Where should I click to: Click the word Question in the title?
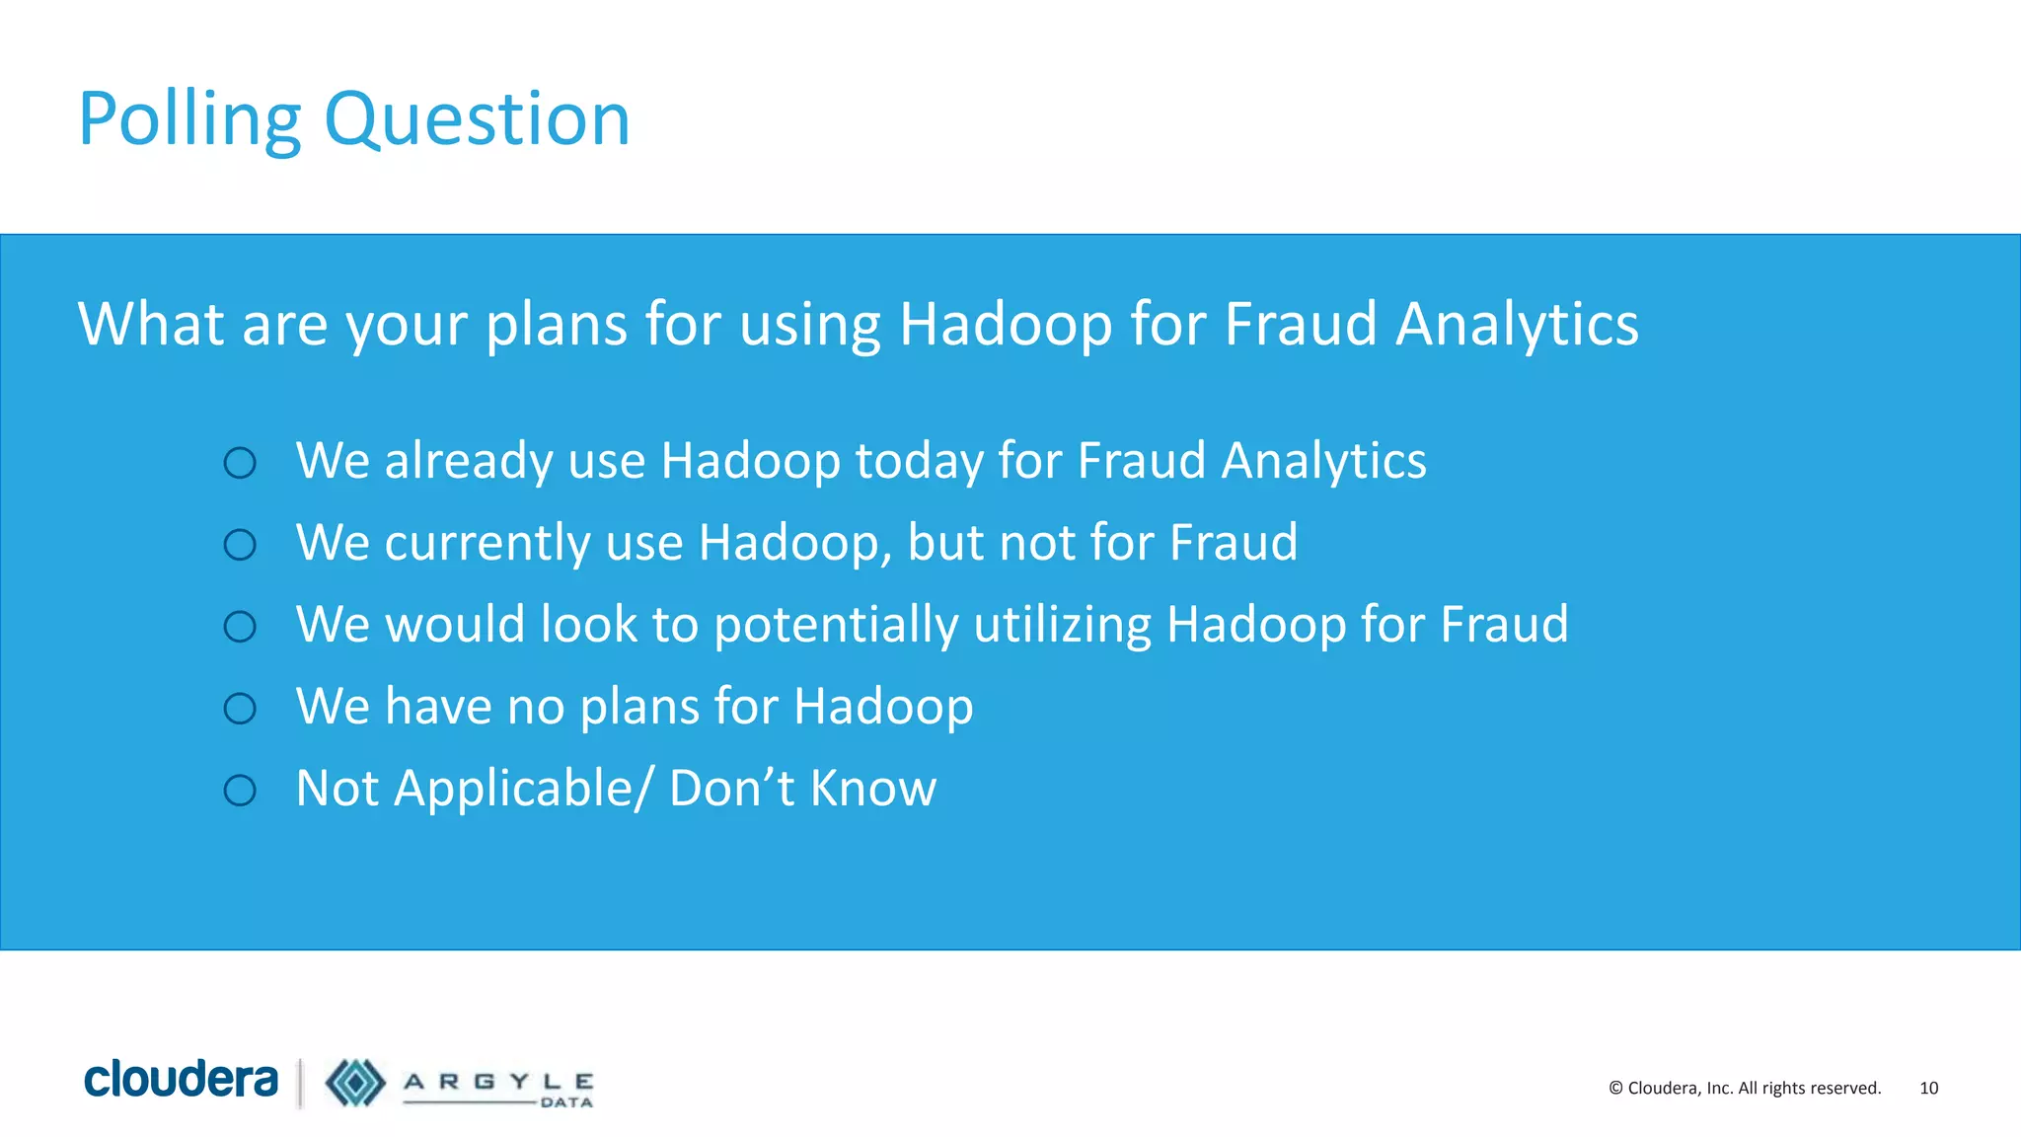pyautogui.click(x=477, y=119)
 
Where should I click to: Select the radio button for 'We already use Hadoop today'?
pyautogui.click(x=240, y=463)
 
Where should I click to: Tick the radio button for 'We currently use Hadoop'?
pyautogui.click(x=240, y=545)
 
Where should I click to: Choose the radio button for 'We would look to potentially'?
pyautogui.click(x=240, y=627)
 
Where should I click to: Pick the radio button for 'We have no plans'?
pyautogui.click(x=240, y=709)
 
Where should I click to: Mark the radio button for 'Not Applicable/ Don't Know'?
pyautogui.click(x=240, y=791)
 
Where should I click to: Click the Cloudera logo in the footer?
pyautogui.click(x=181, y=1079)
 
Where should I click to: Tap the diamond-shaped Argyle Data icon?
pyautogui.click(x=355, y=1083)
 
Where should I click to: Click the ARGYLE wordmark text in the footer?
pyautogui.click(x=498, y=1082)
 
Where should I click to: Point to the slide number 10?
pyautogui.click(x=1928, y=1088)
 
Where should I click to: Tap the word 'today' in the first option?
pyautogui.click(x=919, y=461)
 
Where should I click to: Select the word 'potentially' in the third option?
pyautogui.click(x=836, y=625)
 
